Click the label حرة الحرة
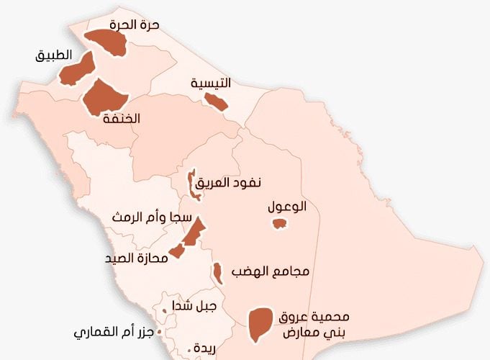click(x=135, y=24)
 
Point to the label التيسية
click(x=211, y=83)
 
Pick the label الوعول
click(x=286, y=207)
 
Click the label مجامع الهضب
click(x=270, y=271)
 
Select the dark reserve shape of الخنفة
click(x=104, y=98)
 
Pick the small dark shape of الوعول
click(x=279, y=224)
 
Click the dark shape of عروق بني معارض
click(x=259, y=323)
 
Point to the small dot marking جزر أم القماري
click(x=159, y=332)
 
